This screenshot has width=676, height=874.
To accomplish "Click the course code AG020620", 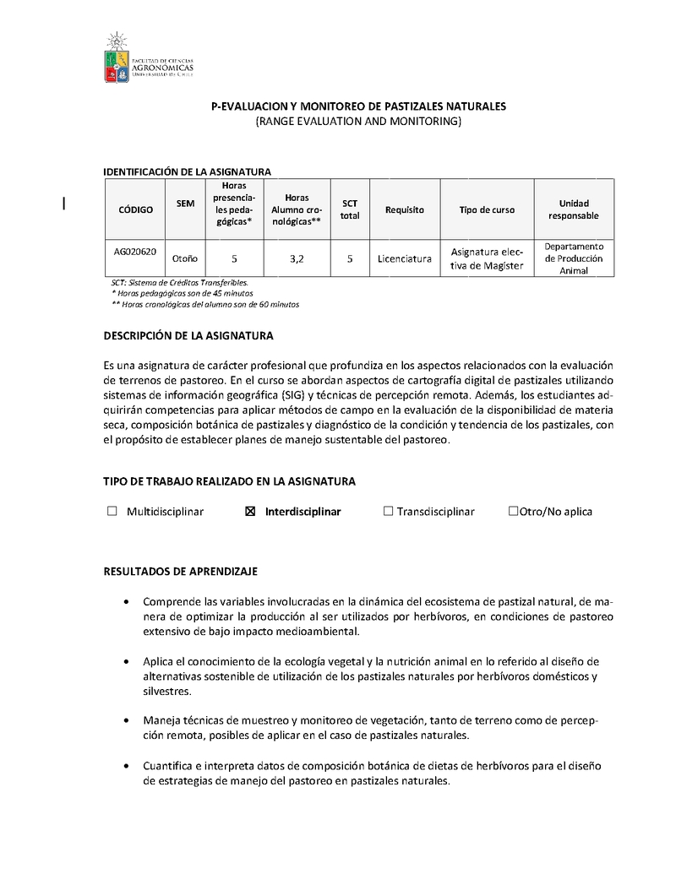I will pyautogui.click(x=135, y=251).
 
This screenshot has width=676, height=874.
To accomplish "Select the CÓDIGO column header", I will pyautogui.click(x=135, y=209).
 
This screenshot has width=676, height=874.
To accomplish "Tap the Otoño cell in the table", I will pyautogui.click(x=185, y=258).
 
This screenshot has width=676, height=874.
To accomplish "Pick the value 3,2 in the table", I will pyautogui.click(x=296, y=258).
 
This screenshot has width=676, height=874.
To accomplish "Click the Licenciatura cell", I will pyautogui.click(x=405, y=258).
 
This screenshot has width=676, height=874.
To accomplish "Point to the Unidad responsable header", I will pyautogui.click(x=574, y=209).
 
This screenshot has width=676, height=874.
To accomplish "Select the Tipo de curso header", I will pyautogui.click(x=487, y=209).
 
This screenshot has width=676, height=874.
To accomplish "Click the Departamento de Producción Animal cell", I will pyautogui.click(x=574, y=258).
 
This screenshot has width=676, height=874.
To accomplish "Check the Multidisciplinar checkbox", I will pyautogui.click(x=112, y=511).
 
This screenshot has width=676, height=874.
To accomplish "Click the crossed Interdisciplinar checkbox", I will pyautogui.click(x=249, y=511).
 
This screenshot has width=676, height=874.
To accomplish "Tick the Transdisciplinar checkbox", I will pyautogui.click(x=388, y=511).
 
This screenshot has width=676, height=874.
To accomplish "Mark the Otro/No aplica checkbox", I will pyautogui.click(x=513, y=511).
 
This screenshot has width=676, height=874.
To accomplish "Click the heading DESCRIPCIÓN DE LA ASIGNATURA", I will pyautogui.click(x=188, y=335).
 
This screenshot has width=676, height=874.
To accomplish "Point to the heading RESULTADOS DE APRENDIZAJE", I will pyautogui.click(x=180, y=571).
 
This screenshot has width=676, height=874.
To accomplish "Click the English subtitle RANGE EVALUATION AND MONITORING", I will pyautogui.click(x=358, y=122).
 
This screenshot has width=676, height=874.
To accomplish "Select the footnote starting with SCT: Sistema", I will pyautogui.click(x=180, y=282).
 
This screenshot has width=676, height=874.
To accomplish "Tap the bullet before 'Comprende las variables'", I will pyautogui.click(x=126, y=602).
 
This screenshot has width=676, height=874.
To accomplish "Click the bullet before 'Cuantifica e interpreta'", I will pyautogui.click(x=126, y=766).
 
